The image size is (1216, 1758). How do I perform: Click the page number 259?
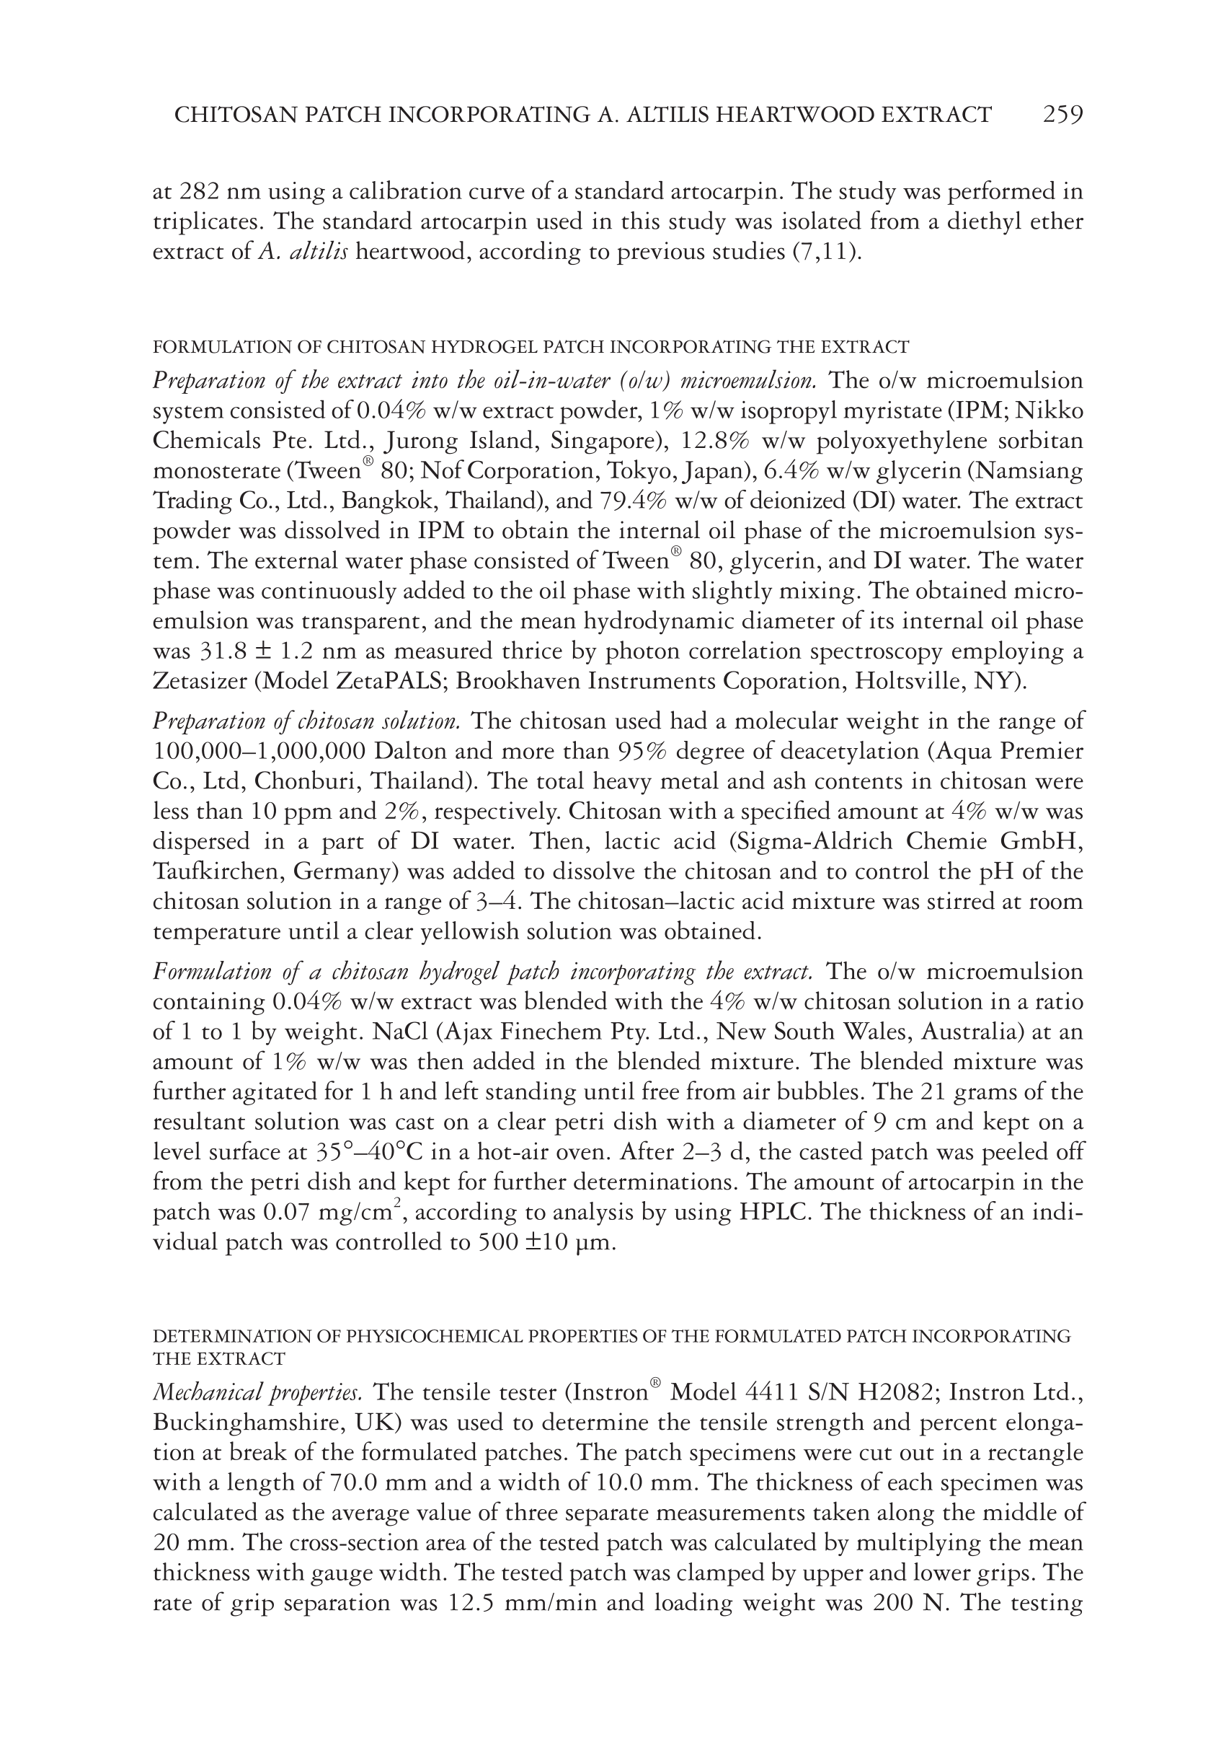click(1062, 115)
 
